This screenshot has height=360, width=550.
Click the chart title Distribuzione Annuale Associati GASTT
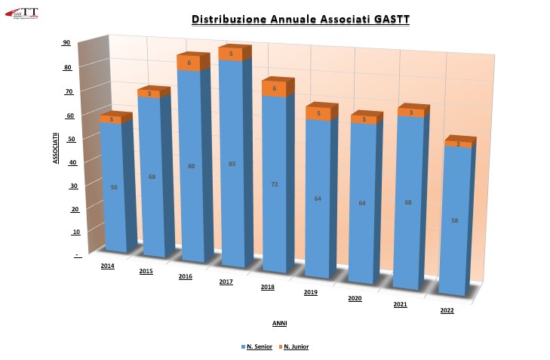pos(300,20)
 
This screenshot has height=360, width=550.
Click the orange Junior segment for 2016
pos(189,63)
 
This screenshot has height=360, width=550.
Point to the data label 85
pos(232,164)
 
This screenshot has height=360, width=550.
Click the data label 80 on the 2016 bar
pos(191,166)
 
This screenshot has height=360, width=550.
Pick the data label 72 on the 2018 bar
pos(275,184)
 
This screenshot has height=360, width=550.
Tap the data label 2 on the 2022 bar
pos(458,143)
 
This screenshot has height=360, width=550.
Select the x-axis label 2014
pos(107,266)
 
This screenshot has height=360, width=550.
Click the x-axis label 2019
pos(310,292)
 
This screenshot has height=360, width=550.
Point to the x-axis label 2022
pos(447,310)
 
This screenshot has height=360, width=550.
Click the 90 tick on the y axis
pos(66,43)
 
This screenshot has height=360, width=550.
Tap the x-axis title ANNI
pos(279,323)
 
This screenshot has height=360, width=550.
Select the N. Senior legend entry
pos(258,346)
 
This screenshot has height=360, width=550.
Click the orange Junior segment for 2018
pos(274,88)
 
